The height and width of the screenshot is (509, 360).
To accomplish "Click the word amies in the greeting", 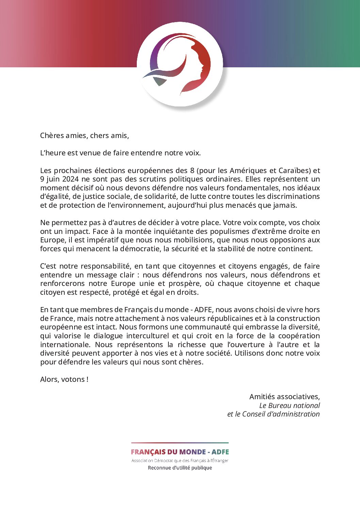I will pos(76,136).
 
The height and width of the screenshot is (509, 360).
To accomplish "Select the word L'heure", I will pos(53,153).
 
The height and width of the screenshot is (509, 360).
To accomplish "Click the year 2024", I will pos(70,179).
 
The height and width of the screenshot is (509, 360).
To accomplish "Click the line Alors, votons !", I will pos(64,379).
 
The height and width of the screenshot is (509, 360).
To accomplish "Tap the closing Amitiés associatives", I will pos(284,397).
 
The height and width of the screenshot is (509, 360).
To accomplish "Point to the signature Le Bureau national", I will pos(290,406).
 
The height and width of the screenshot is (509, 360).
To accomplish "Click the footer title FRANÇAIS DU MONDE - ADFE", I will pos(180,452).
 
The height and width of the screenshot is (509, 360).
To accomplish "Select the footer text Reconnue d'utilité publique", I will pos(180,468).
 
